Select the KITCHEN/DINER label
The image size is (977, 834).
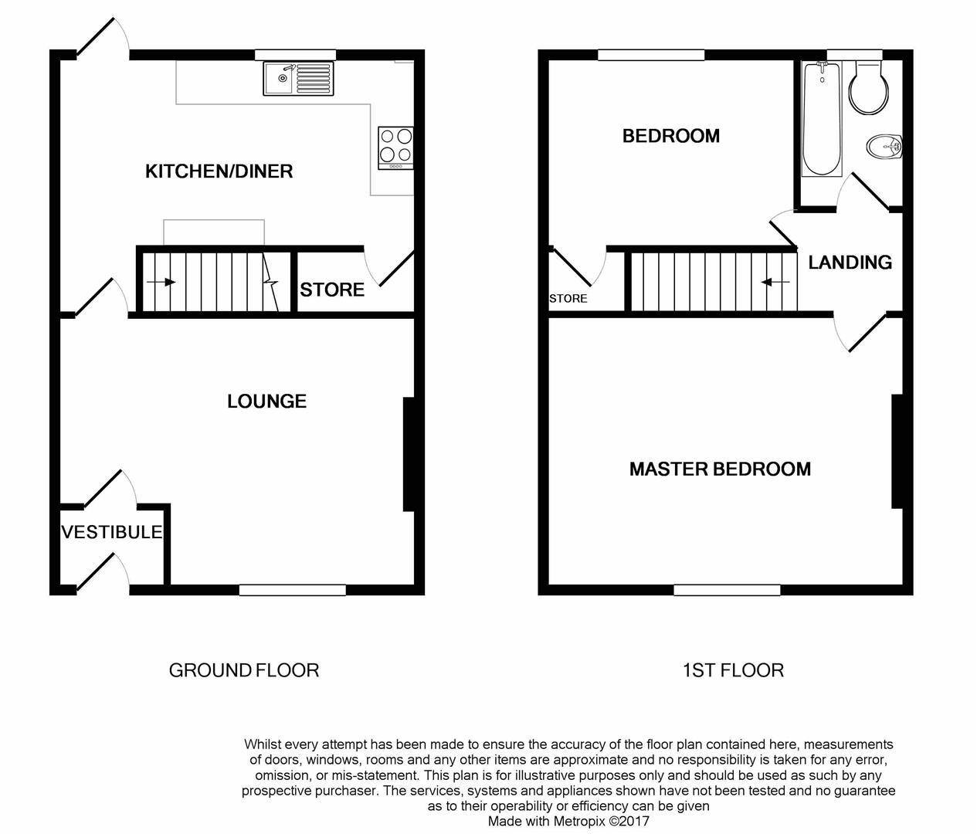219,171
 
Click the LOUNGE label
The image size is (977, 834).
266,401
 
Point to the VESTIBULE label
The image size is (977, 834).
112,532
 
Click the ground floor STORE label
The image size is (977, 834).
332,290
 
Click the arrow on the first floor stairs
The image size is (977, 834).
775,283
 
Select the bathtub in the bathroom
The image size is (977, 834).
821,119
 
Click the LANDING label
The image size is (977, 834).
850,263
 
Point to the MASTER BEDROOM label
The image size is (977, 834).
720,469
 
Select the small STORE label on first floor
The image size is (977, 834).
568,299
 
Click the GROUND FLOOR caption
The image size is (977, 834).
244,670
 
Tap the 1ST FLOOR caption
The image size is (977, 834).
733,670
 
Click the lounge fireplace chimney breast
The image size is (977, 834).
409,454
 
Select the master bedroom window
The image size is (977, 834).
727,590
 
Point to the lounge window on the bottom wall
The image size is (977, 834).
292,590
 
